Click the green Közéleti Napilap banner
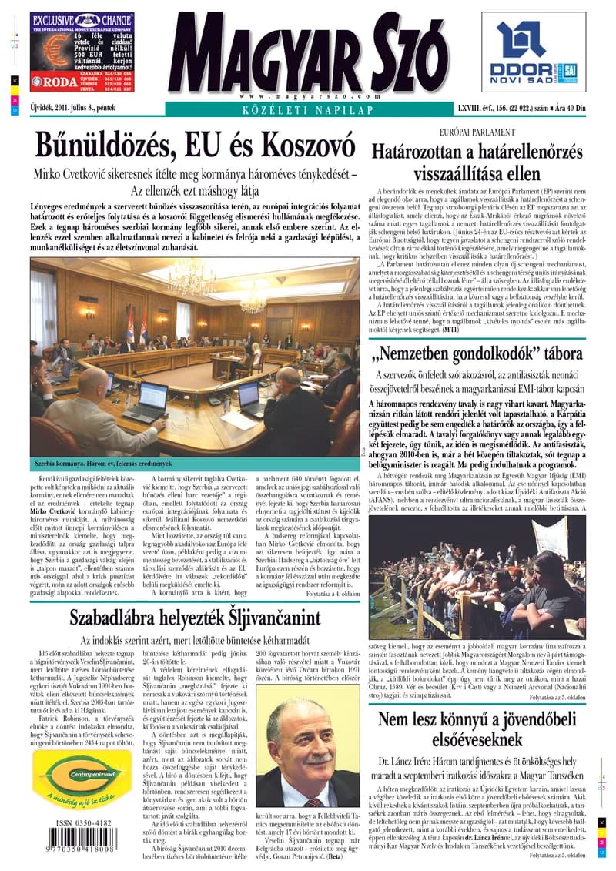click(308, 111)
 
